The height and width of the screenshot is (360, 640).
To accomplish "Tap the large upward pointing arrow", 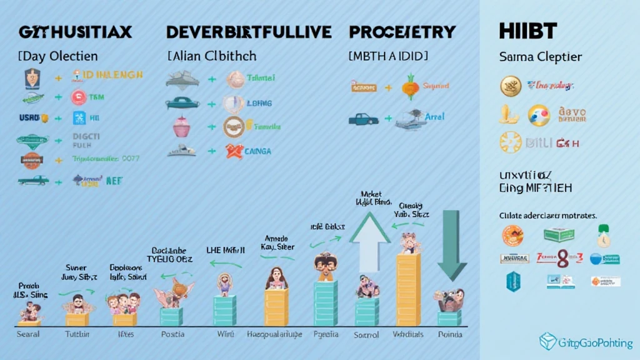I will pyautogui.click(x=369, y=241).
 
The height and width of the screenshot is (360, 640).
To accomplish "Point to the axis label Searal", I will pyautogui.click(x=27, y=334).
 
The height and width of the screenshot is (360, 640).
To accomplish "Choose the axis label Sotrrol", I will pyautogui.click(x=366, y=335).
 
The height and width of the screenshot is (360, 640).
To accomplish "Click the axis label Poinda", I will pyautogui.click(x=450, y=335).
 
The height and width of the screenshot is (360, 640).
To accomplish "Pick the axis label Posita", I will pyautogui.click(x=172, y=334).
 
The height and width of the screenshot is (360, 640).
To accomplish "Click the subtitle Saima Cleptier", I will pyautogui.click(x=541, y=57).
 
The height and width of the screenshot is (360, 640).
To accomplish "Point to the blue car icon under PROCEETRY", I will pyautogui.click(x=363, y=118).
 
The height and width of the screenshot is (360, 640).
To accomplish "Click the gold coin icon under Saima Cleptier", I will pyautogui.click(x=511, y=86).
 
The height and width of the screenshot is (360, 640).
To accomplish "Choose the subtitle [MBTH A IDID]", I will pyautogui.click(x=388, y=56).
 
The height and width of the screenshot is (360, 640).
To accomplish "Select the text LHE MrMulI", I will pyautogui.click(x=226, y=249).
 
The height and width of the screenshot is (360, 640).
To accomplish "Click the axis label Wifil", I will pyautogui.click(x=225, y=334).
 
